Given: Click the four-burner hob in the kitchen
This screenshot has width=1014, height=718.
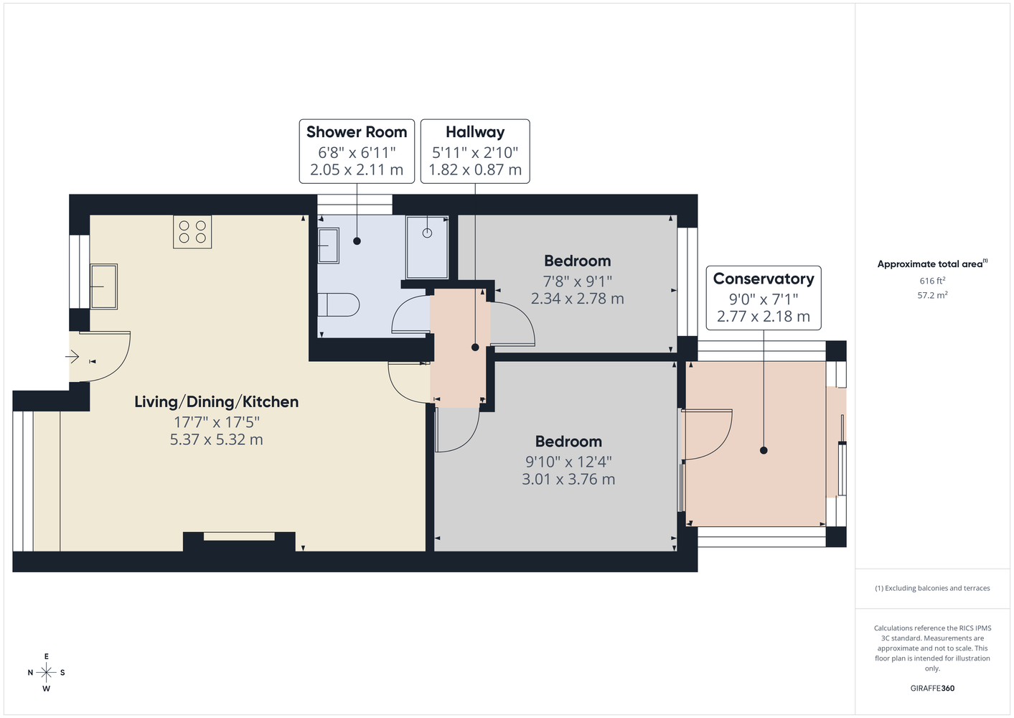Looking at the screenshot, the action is (192, 231).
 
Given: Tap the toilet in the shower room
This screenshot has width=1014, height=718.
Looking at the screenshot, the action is (338, 305).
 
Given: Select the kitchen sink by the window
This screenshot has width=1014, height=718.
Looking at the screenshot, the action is (103, 286).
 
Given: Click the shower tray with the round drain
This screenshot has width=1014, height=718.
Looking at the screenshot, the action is (427, 247).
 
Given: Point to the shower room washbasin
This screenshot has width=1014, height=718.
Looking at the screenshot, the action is (328, 246).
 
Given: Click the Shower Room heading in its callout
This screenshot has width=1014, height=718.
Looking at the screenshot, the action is (357, 132).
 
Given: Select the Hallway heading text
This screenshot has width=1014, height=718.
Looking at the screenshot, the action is (475, 132).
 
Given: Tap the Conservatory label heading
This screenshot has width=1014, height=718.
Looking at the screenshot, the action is (764, 279).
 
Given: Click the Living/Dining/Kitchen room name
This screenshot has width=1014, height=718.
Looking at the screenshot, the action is (217, 402).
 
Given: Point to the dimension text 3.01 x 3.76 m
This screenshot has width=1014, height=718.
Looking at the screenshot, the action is (568, 480).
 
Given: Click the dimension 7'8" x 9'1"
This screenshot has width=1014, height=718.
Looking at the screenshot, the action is (578, 281).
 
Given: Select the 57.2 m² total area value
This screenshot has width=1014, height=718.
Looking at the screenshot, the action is (932, 295).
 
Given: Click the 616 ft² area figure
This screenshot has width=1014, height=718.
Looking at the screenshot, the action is (932, 281).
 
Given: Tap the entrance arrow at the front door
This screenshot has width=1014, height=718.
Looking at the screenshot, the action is (72, 357).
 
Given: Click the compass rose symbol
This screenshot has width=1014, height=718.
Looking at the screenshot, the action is (46, 673).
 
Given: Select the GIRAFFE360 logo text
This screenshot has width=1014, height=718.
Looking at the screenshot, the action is (932, 688).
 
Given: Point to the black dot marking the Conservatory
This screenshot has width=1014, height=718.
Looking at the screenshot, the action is (764, 450).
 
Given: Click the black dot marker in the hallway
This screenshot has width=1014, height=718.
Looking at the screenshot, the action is (475, 348).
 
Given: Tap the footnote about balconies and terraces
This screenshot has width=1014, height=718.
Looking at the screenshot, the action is (932, 588).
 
